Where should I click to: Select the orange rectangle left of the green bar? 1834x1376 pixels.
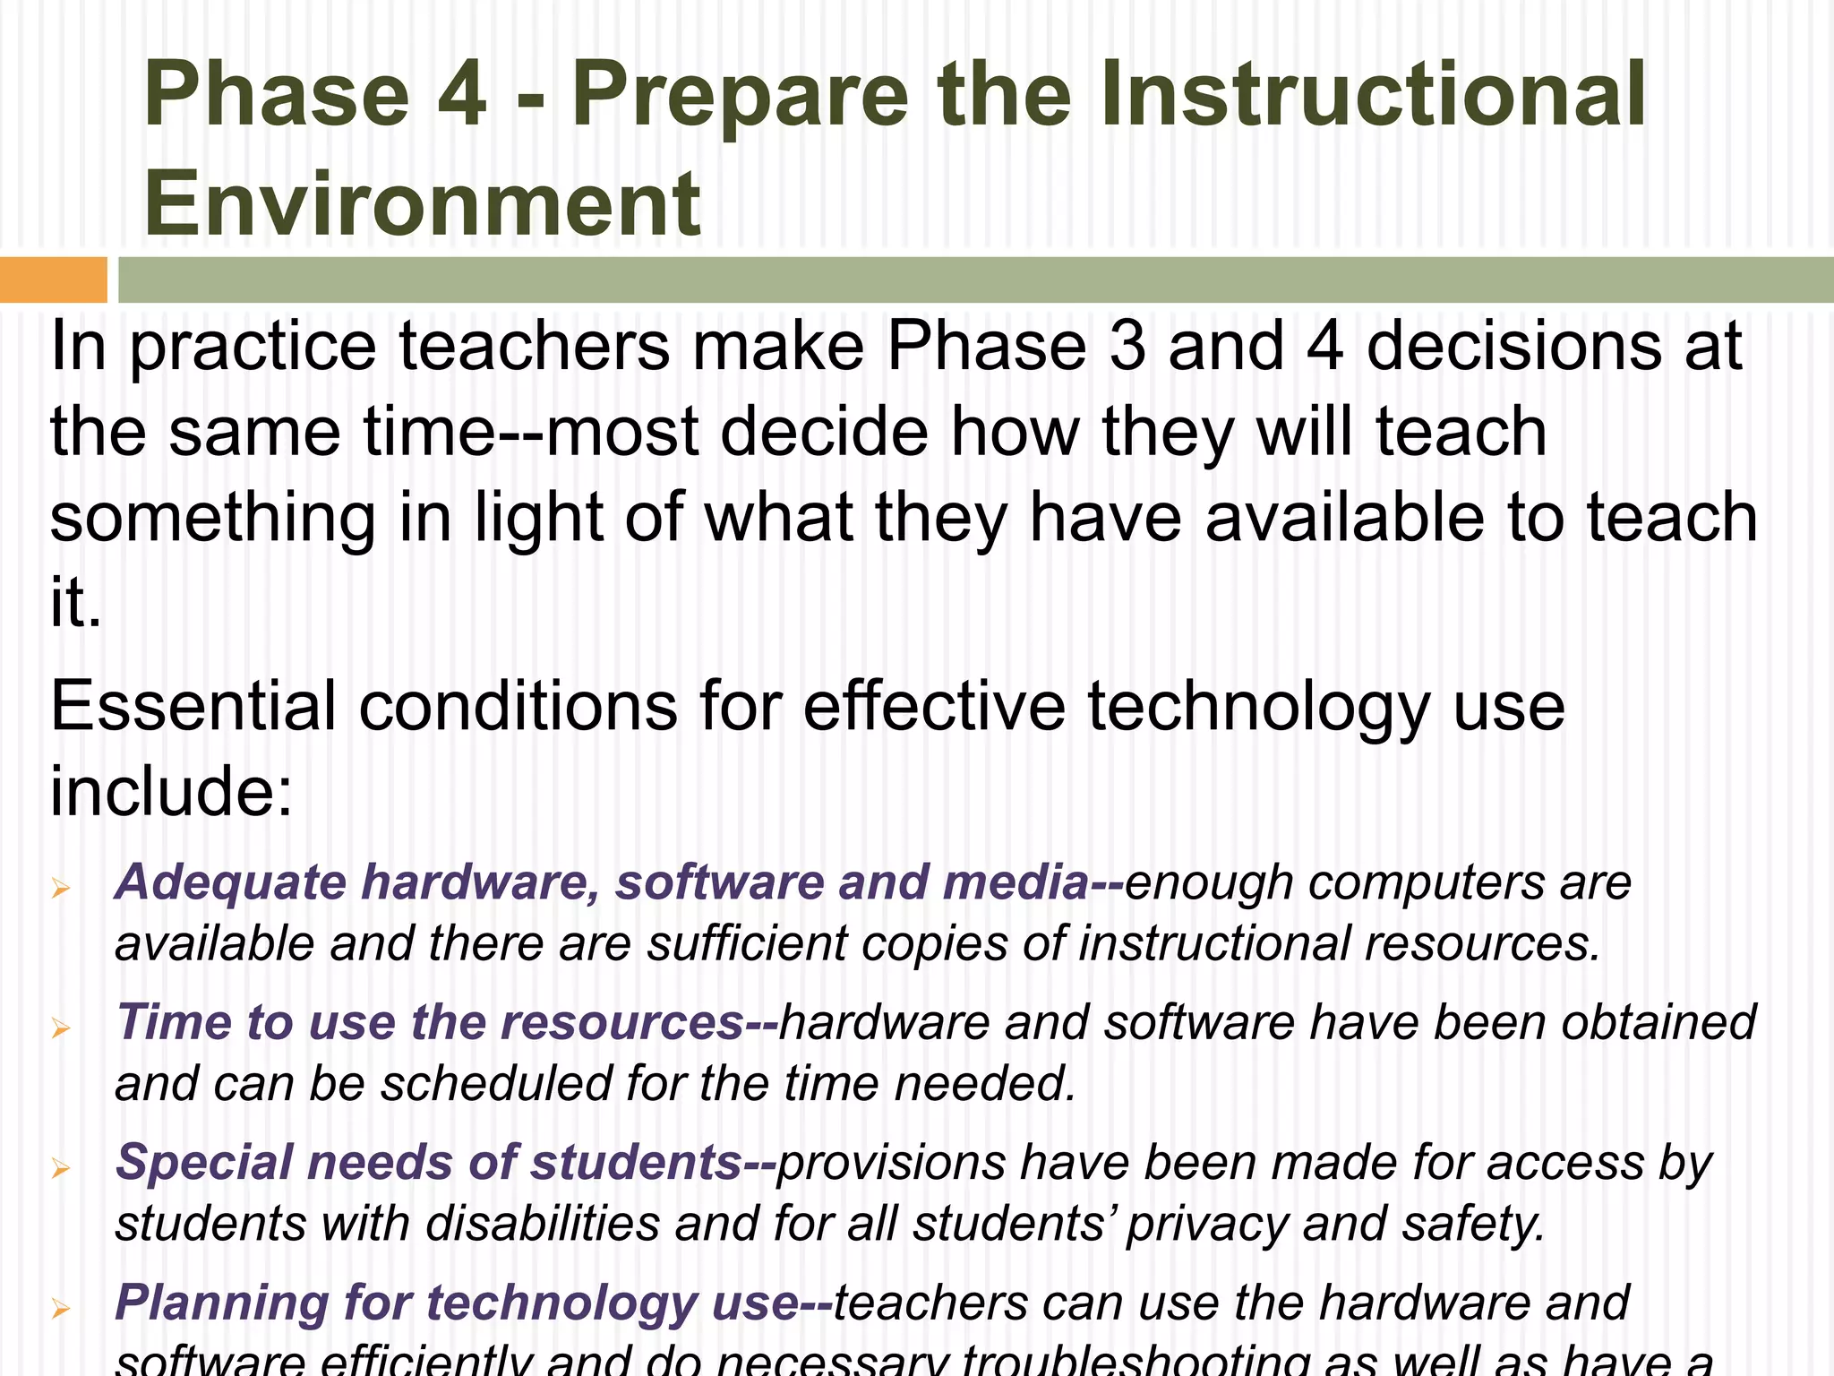click(53, 279)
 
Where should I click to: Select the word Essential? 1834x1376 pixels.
click(193, 706)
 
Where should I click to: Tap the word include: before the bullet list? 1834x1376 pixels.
click(171, 792)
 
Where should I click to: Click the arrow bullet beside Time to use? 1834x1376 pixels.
click(61, 1028)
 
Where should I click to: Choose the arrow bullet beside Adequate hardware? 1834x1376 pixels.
click(61, 888)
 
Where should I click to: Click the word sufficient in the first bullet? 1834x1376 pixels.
click(747, 944)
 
